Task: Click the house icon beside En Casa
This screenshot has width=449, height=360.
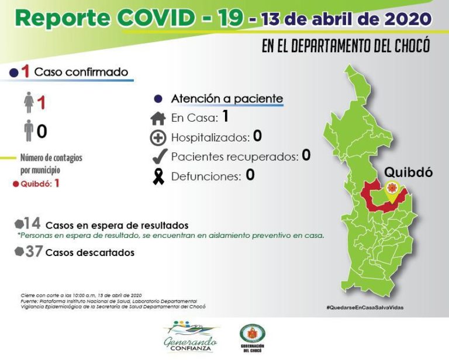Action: pos(158,119)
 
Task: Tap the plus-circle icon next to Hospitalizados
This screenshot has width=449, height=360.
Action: pos(158,138)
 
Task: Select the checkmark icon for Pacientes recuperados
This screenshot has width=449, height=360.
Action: pos(158,156)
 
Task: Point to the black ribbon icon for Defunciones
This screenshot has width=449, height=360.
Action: pos(158,175)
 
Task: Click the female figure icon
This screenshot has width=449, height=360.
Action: pos(27,103)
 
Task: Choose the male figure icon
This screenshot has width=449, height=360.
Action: pos(27,130)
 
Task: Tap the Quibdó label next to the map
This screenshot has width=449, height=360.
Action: pos(407,172)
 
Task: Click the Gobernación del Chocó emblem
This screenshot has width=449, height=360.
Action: pos(252,335)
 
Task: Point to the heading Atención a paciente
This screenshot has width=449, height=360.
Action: pos(227,99)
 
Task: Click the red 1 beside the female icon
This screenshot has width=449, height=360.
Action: pos(41,103)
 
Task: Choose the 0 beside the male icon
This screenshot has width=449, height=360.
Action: pos(42,131)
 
